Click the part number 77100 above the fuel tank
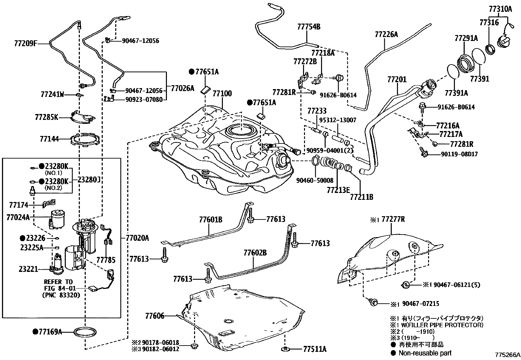pyautogui.click(x=222, y=94)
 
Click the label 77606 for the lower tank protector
pyautogui.click(x=155, y=316)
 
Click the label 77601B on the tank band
pyautogui.click(x=210, y=219)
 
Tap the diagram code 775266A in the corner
pyautogui.click(x=507, y=355)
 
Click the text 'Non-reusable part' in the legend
pyautogui.click(x=425, y=353)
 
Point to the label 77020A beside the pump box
pyautogui.click(x=137, y=238)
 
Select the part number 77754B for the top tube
pyautogui.click(x=309, y=27)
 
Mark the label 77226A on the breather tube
pyautogui.click(x=386, y=34)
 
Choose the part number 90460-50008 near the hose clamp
pyautogui.click(x=315, y=180)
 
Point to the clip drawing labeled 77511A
pyautogui.click(x=285, y=349)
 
